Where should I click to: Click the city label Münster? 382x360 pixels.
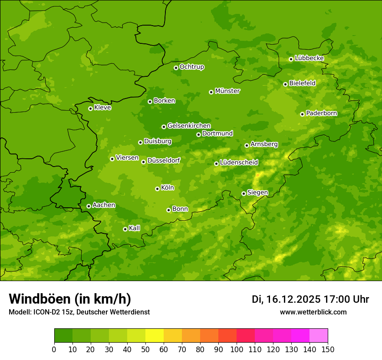[227, 91]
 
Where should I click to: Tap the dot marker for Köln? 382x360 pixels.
[157, 189]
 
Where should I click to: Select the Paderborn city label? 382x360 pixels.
[322, 113]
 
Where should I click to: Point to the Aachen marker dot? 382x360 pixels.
[89, 206]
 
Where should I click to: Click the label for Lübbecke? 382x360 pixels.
[309, 58]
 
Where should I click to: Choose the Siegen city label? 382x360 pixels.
[257, 193]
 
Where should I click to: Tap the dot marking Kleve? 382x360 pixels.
[90, 108]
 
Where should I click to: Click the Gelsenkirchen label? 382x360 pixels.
[189, 126]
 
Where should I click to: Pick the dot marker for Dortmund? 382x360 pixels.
[198, 134]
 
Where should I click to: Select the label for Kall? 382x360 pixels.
[135, 228]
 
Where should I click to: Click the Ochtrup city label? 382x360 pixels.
[191, 67]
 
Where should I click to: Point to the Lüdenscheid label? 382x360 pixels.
[239, 163]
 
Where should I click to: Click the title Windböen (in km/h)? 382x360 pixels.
[70, 299]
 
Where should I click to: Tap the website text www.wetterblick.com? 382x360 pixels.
[313, 312]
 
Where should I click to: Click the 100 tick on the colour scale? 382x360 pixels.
[237, 350]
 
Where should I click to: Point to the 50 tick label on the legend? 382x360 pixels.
[145, 350]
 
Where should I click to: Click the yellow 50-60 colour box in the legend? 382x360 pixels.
[155, 336]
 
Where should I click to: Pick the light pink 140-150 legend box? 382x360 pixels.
[319, 336]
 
